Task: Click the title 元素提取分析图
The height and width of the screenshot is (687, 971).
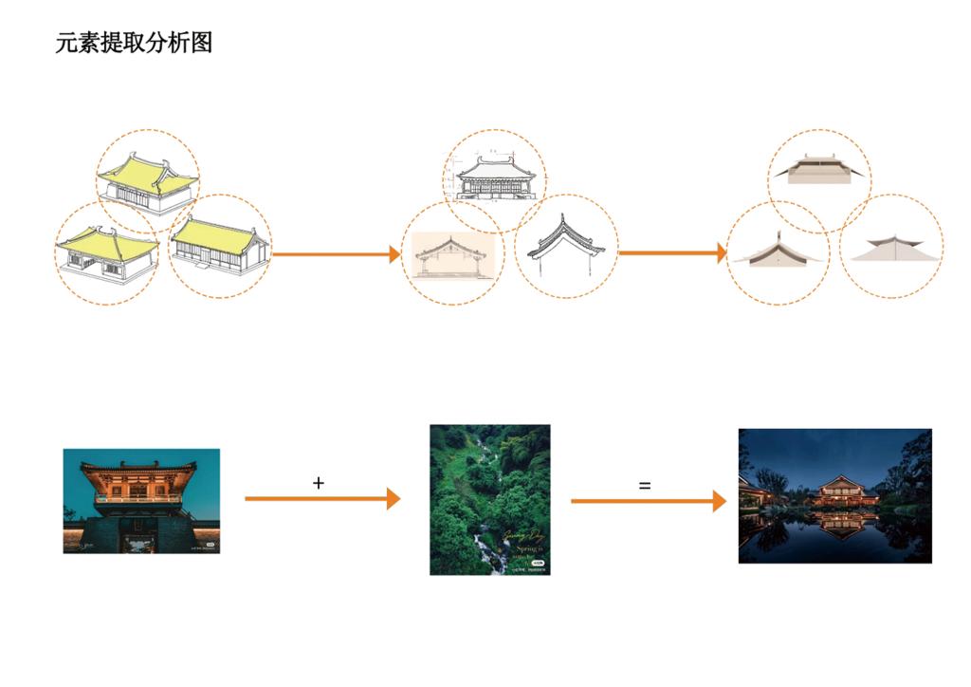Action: (134, 43)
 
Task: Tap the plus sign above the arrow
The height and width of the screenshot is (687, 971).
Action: (319, 483)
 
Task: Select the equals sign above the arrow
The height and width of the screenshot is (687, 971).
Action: (645, 485)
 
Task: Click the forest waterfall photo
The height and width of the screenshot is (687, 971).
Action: (489, 499)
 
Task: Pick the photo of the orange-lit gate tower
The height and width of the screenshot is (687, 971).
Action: (141, 501)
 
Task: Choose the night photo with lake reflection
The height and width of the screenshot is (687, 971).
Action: (834, 495)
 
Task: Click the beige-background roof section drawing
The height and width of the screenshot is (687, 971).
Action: (452, 254)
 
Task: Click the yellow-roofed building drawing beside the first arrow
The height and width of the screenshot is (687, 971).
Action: (219, 246)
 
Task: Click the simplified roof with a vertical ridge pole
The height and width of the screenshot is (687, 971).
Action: (778, 252)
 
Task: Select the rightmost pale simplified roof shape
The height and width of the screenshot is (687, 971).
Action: (891, 250)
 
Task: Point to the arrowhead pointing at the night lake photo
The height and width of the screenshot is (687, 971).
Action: (720, 501)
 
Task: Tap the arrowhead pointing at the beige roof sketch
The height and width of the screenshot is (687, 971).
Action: (394, 254)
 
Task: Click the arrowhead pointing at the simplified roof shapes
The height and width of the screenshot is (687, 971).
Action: (721, 253)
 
